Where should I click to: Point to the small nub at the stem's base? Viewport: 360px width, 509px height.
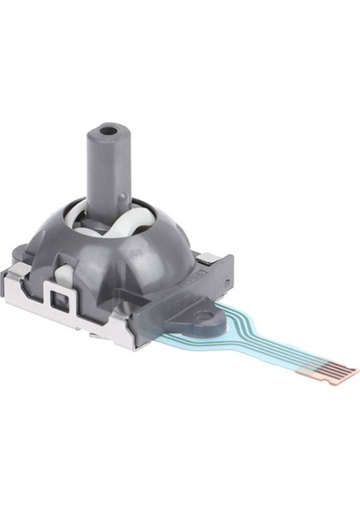(x=126, y=200)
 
